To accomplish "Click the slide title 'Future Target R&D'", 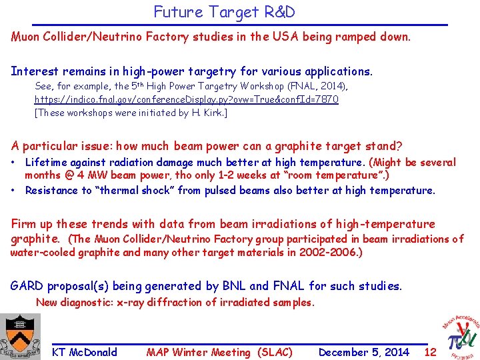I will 224,12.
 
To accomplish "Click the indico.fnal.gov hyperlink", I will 186,99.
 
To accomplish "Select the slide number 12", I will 430,352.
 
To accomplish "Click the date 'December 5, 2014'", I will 363,352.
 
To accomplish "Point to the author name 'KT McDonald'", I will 84,352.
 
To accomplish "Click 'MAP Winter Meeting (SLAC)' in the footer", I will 219,352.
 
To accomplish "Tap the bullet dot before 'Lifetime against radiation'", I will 14,163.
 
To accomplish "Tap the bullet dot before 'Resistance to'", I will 14,191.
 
